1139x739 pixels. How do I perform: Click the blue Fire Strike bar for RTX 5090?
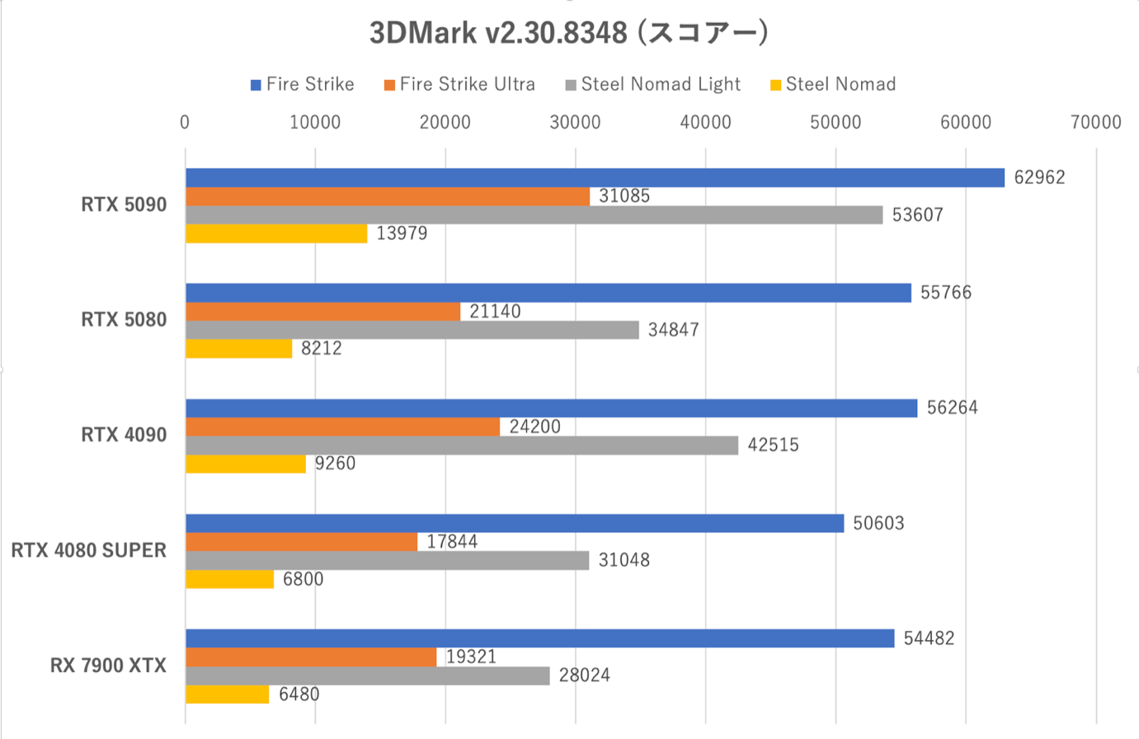[594, 177]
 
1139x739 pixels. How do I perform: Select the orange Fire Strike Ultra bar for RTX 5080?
[322, 311]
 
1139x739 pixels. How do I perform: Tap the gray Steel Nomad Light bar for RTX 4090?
[461, 445]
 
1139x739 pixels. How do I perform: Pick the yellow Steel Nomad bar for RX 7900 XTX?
[227, 694]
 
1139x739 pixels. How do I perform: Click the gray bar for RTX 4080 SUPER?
[387, 560]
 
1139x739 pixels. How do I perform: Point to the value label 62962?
[1039, 177]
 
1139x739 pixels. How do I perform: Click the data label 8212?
[322, 348]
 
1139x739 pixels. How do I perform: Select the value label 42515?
[773, 445]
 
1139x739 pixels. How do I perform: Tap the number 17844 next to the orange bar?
[452, 542]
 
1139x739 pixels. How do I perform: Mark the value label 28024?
[584, 675]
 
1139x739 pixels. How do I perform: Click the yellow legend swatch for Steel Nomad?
[775, 85]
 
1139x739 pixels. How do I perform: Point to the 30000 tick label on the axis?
[575, 122]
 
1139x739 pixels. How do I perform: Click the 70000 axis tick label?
[1095, 122]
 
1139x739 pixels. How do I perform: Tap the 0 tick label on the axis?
[185, 122]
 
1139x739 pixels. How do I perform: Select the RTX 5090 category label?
[124, 205]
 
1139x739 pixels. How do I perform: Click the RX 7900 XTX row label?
[108, 666]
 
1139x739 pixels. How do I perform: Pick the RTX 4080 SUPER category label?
[88, 550]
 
